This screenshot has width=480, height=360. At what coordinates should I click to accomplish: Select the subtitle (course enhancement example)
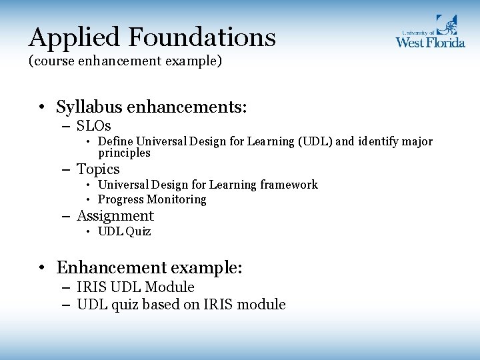[125, 62]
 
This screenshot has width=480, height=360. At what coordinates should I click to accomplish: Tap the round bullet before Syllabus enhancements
[42, 108]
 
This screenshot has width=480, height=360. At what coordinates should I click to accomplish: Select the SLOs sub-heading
[93, 126]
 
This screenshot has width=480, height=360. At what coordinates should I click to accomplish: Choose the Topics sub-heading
[98, 169]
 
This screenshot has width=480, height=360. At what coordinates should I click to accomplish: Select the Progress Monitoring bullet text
[152, 199]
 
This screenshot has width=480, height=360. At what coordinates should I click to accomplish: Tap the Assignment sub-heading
[115, 216]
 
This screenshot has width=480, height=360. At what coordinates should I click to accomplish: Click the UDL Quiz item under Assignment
[124, 231]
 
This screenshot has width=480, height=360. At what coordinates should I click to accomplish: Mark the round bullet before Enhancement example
[42, 269]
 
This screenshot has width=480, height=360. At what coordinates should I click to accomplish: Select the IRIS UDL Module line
[135, 287]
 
